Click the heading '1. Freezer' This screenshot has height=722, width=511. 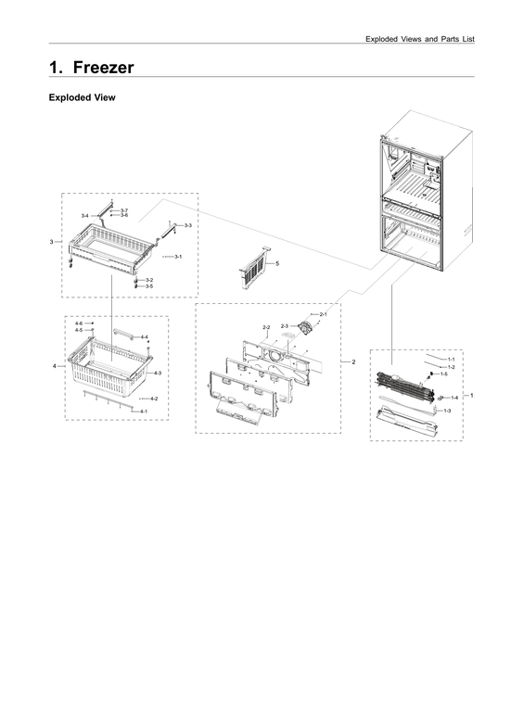[x=91, y=68]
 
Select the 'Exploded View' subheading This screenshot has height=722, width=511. [x=82, y=97]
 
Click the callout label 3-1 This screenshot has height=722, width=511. [x=177, y=256]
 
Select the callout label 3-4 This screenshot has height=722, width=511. [x=84, y=216]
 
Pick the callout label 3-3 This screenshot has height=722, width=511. [x=187, y=225]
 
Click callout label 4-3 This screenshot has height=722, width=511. [x=158, y=373]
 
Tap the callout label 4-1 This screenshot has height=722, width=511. [x=144, y=411]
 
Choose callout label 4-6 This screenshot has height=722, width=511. [x=79, y=323]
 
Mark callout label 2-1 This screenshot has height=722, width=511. [x=323, y=315]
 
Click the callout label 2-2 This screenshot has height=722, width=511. [x=266, y=327]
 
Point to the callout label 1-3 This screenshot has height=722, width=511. [x=448, y=410]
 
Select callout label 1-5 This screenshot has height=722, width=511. [x=444, y=374]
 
